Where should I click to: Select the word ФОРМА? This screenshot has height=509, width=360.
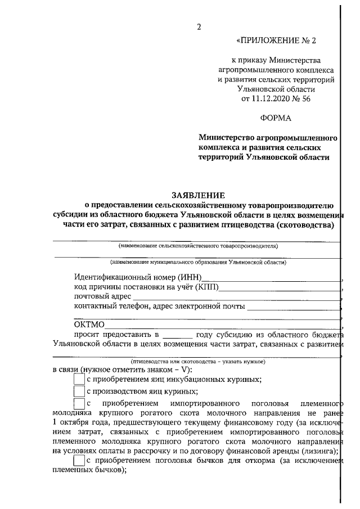pos(276,118)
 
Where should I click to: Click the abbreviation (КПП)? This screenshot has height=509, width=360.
pos(206,287)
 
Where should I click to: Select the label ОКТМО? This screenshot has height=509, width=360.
pos(89,324)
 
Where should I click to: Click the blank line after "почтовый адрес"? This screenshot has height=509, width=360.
pos(236,298)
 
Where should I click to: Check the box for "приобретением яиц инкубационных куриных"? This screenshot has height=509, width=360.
pos(79,380)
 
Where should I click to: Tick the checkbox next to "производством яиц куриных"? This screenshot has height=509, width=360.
pos(79,392)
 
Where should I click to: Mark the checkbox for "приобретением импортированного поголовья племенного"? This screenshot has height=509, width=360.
pos(79,404)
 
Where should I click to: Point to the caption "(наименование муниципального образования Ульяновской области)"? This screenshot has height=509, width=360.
pos(198,262)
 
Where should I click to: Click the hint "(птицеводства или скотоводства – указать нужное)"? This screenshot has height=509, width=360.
pos(197,360)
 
